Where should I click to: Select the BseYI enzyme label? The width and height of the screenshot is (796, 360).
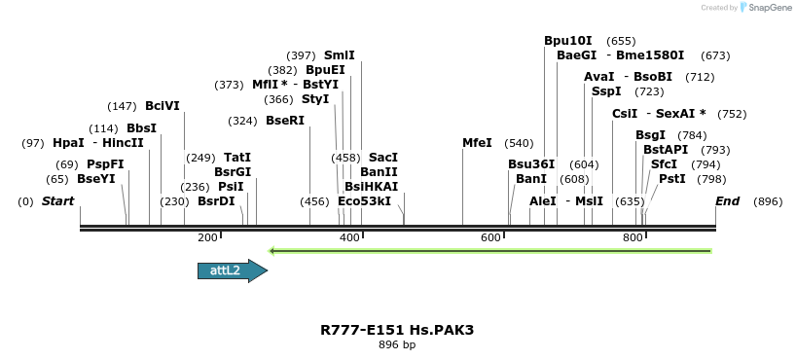pos(96,179)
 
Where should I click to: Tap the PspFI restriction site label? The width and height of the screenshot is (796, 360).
pos(105,164)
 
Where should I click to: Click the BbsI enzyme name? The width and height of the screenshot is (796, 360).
pos(141,128)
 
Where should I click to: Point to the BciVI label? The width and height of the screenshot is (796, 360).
pos(163,106)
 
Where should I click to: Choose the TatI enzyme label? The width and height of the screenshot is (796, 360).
pos(237,157)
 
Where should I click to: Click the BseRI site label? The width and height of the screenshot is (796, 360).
pos(285,121)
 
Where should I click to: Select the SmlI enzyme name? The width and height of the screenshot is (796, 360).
pos(340,55)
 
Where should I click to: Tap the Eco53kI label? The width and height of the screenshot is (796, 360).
pos(364,201)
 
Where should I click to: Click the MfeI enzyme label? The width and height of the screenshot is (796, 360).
pos(477,143)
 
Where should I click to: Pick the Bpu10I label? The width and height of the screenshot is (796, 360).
pos(568,41)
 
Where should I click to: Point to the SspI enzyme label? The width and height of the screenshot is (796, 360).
pos(606,91)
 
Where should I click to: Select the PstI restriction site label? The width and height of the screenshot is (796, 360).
pos(672,179)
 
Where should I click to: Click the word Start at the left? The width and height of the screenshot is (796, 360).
pos(58,201)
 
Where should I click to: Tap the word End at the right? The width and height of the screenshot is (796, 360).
pos(727,201)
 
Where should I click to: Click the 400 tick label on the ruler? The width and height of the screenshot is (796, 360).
pos(349,237)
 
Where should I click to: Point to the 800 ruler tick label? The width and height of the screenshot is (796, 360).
pos(633,237)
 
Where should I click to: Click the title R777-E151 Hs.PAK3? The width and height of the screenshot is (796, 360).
pos(397,330)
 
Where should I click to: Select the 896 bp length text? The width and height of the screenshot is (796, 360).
pos(397,344)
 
